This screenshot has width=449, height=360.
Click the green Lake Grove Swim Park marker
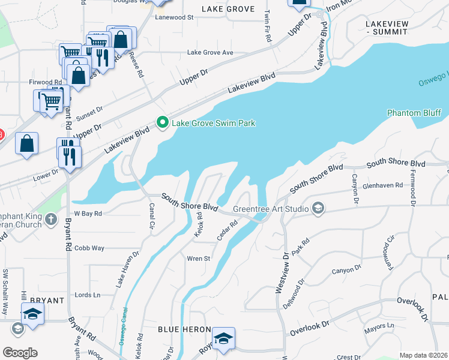tap(162, 122)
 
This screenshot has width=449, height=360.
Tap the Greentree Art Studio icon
tap(318, 209)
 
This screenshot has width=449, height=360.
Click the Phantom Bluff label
tap(414, 113)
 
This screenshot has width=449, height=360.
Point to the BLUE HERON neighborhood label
tap(184, 330)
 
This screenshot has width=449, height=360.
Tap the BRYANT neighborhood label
tap(47, 300)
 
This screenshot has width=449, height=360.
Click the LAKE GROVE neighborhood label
tap(228, 9)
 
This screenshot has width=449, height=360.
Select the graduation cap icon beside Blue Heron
tap(223, 338)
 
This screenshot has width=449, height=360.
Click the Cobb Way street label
tap(89, 248)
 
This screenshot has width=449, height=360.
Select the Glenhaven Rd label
tap(383, 186)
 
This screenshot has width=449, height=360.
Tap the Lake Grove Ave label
tap(210, 53)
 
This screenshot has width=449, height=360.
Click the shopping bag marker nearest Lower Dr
tap(26, 144)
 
